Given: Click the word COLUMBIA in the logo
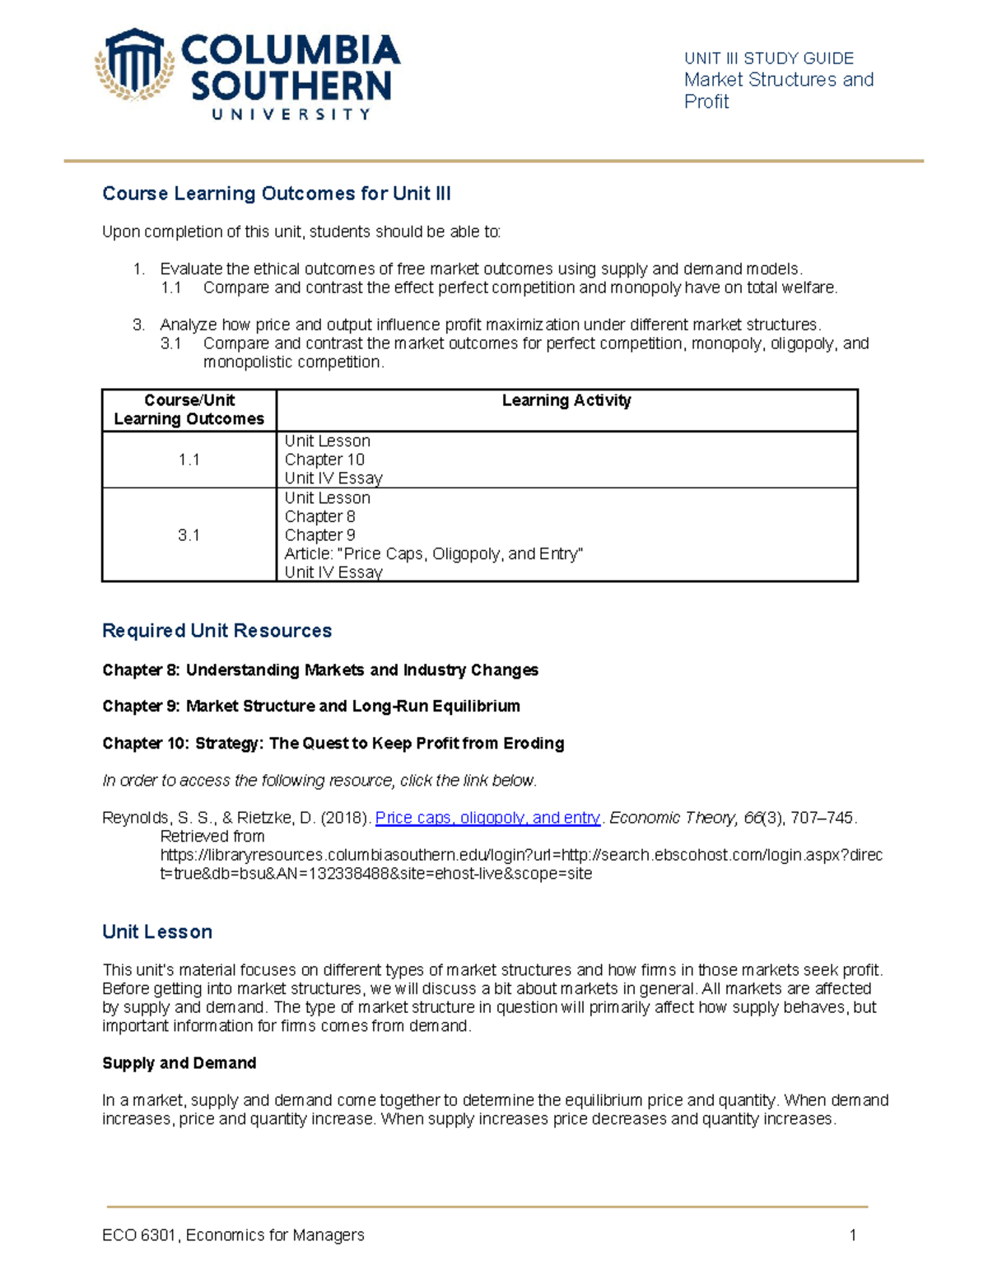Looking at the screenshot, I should [290, 51].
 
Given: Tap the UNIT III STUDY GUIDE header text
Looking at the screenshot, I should [768, 58].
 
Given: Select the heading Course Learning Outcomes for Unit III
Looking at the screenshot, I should [276, 194].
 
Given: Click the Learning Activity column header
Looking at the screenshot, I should [566, 400].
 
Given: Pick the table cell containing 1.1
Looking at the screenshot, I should [189, 460].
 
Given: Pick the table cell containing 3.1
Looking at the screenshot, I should [189, 535].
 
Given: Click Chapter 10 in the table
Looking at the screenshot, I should [324, 460].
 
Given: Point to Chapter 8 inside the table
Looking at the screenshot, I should [319, 516].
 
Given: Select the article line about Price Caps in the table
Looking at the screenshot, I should [433, 554].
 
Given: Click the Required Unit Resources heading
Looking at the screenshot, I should [217, 631].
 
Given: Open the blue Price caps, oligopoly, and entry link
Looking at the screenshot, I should [487, 818].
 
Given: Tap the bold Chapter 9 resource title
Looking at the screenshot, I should [310, 707].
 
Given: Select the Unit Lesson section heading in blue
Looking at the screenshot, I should [157, 932].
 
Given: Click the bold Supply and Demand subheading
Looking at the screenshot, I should [179, 1063].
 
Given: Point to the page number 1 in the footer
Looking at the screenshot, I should [853, 1235].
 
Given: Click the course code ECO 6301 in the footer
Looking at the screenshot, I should [140, 1235].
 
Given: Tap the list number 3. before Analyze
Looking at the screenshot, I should [138, 324].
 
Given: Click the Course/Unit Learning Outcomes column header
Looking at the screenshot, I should [189, 409].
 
